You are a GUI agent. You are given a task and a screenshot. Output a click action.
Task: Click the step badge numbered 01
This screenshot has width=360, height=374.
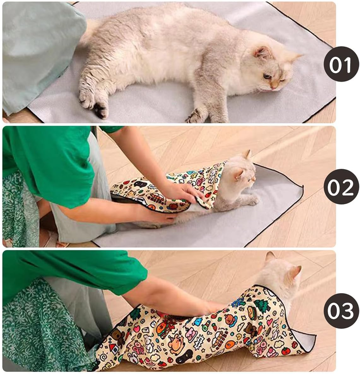coord(342,64)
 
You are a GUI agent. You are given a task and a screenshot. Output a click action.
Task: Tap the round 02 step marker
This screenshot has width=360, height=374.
coord(342,187)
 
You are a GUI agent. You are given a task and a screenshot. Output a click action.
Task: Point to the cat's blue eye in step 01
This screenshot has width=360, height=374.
coord(267,76)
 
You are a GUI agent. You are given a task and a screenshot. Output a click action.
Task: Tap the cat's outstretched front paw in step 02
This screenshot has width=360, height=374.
coord(252,199)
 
